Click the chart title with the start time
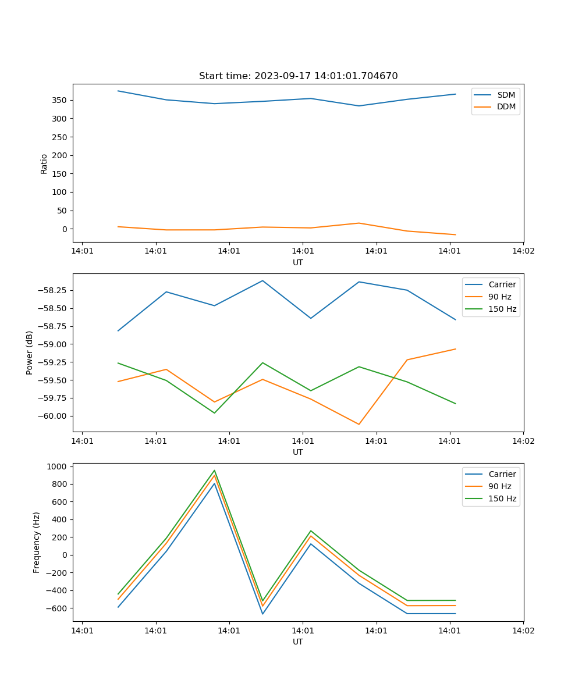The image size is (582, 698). pyautogui.click(x=298, y=76)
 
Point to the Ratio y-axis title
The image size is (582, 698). pyautogui.click(x=44, y=163)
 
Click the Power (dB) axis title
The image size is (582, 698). pyautogui.click(x=30, y=352)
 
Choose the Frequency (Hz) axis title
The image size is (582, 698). pyautogui.click(x=37, y=542)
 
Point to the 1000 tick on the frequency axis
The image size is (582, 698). pyautogui.click(x=58, y=466)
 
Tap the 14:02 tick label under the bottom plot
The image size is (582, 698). pyautogui.click(x=523, y=630)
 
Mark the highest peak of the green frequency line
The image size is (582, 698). pyautogui.click(x=214, y=471)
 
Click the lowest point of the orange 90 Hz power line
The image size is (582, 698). pyautogui.click(x=359, y=424)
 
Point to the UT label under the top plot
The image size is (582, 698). pyautogui.click(x=298, y=262)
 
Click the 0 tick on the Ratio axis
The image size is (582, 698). pyautogui.click(x=65, y=229)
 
